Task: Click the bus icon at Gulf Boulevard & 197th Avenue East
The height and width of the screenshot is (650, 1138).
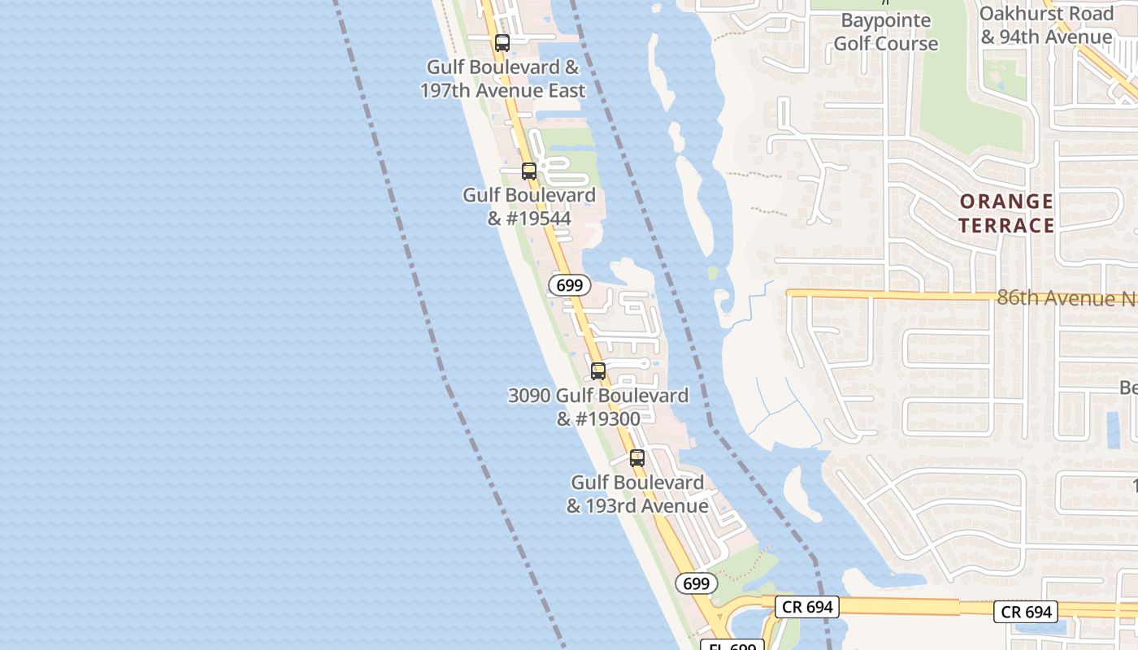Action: click(x=502, y=43)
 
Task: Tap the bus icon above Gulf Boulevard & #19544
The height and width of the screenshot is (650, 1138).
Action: click(x=529, y=171)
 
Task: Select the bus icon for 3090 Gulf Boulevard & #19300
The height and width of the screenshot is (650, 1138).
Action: click(x=598, y=371)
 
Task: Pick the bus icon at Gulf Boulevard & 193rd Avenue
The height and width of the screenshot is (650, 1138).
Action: click(x=637, y=458)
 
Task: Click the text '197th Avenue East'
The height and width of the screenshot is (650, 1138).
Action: click(x=502, y=90)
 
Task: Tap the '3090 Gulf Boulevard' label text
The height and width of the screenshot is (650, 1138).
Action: click(x=598, y=396)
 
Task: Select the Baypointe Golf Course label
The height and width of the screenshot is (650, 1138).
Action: click(x=885, y=32)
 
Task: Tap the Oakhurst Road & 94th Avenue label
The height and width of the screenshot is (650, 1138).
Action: click(x=1046, y=25)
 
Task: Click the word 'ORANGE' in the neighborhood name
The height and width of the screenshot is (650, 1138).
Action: click(x=1006, y=201)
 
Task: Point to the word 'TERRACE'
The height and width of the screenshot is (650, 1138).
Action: click(x=1006, y=225)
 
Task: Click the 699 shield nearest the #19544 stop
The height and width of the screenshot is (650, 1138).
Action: click(x=569, y=285)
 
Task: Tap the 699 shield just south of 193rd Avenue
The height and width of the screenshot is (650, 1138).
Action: click(x=696, y=583)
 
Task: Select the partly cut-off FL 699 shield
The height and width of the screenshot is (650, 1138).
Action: click(x=732, y=645)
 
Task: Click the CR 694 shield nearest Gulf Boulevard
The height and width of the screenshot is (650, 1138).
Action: click(x=806, y=606)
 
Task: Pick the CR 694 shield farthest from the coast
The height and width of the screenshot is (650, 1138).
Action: click(x=1026, y=612)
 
